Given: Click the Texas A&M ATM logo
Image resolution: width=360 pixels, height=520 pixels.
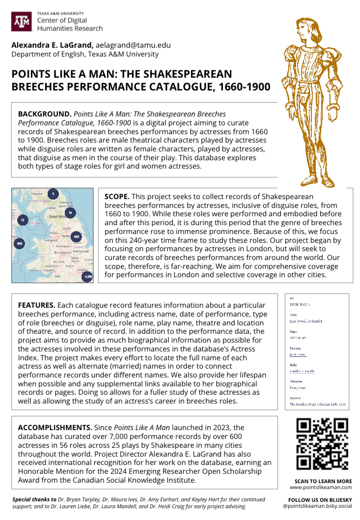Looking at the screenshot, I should coord(22,22).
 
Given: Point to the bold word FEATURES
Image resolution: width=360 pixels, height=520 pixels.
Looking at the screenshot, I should coord(37,305).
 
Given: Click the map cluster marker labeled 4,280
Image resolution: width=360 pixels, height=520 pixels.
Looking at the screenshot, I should coord(88,277).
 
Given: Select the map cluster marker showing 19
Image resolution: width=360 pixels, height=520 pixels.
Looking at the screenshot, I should coord(70,212).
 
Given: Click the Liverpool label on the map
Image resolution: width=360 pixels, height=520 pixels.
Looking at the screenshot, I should coord(51,240).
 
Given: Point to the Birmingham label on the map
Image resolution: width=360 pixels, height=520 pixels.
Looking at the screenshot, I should coord(62,252).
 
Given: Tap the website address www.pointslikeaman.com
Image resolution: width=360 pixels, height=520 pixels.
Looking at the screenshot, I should coord(321,487).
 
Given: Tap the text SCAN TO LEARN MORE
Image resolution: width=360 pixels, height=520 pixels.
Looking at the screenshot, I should coord(323,481).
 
